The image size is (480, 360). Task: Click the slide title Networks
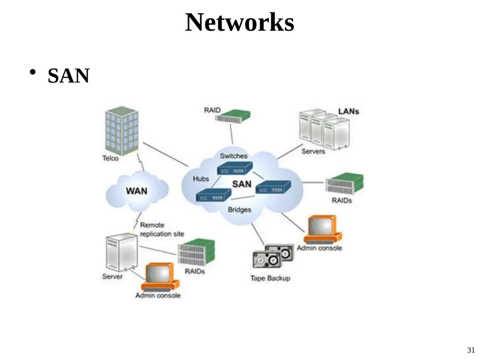(x=240, y=22)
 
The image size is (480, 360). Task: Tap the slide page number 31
(x=471, y=350)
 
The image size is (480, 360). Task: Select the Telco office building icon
(x=121, y=131)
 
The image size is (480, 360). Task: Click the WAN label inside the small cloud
(x=136, y=191)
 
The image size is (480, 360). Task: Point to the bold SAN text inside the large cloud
(x=241, y=184)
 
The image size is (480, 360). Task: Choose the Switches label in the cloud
(x=233, y=156)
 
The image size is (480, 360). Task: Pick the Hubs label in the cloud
(x=201, y=179)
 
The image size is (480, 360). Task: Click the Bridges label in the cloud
(x=240, y=210)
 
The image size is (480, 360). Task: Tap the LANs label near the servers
(x=348, y=112)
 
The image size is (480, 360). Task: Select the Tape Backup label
(x=270, y=278)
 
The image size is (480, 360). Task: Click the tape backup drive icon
(x=273, y=256)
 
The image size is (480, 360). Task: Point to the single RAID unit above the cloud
(x=232, y=117)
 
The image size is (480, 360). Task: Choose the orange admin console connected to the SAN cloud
(x=322, y=230)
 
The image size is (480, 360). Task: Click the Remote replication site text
(x=162, y=230)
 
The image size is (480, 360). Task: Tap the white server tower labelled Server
(x=121, y=252)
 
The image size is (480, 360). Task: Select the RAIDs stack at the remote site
(x=196, y=252)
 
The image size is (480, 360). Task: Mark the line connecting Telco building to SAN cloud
(x=165, y=155)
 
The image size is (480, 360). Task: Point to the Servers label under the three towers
(x=313, y=151)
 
